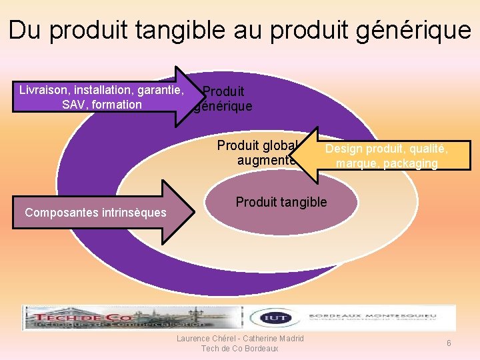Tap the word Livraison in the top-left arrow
(x=44, y=89)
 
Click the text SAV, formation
(x=101, y=105)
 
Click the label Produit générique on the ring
(x=223, y=98)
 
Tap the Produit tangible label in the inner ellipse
(x=281, y=202)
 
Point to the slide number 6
(x=449, y=343)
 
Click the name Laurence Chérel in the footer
(x=203, y=339)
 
